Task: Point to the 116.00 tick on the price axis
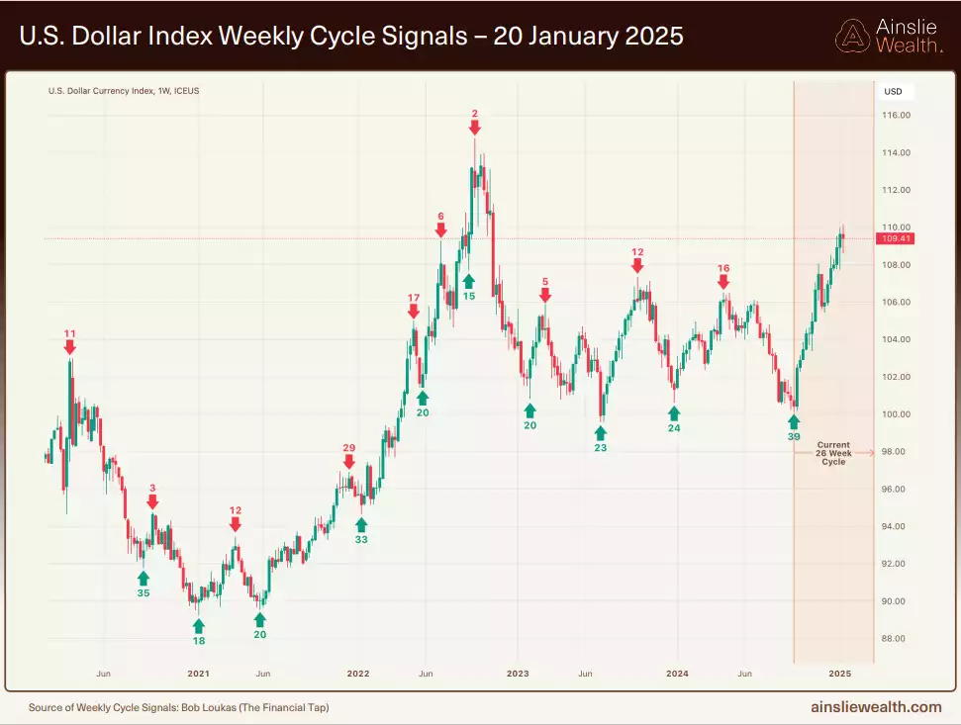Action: pyautogui.click(x=897, y=116)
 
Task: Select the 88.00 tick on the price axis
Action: pyautogui.click(x=897, y=639)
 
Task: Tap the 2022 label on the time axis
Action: pyautogui.click(x=357, y=674)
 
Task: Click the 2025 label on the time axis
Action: pyautogui.click(x=839, y=674)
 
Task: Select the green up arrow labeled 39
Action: pyautogui.click(x=794, y=422)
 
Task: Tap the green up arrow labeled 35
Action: pyautogui.click(x=144, y=579)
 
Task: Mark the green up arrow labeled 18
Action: pyautogui.click(x=199, y=626)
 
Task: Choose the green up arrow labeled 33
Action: pyautogui.click(x=361, y=524)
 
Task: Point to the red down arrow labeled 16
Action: pyautogui.click(x=723, y=282)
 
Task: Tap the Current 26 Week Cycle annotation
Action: pyautogui.click(x=833, y=453)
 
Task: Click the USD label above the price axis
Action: pyautogui.click(x=893, y=92)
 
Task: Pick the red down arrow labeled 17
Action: pyautogui.click(x=414, y=312)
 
